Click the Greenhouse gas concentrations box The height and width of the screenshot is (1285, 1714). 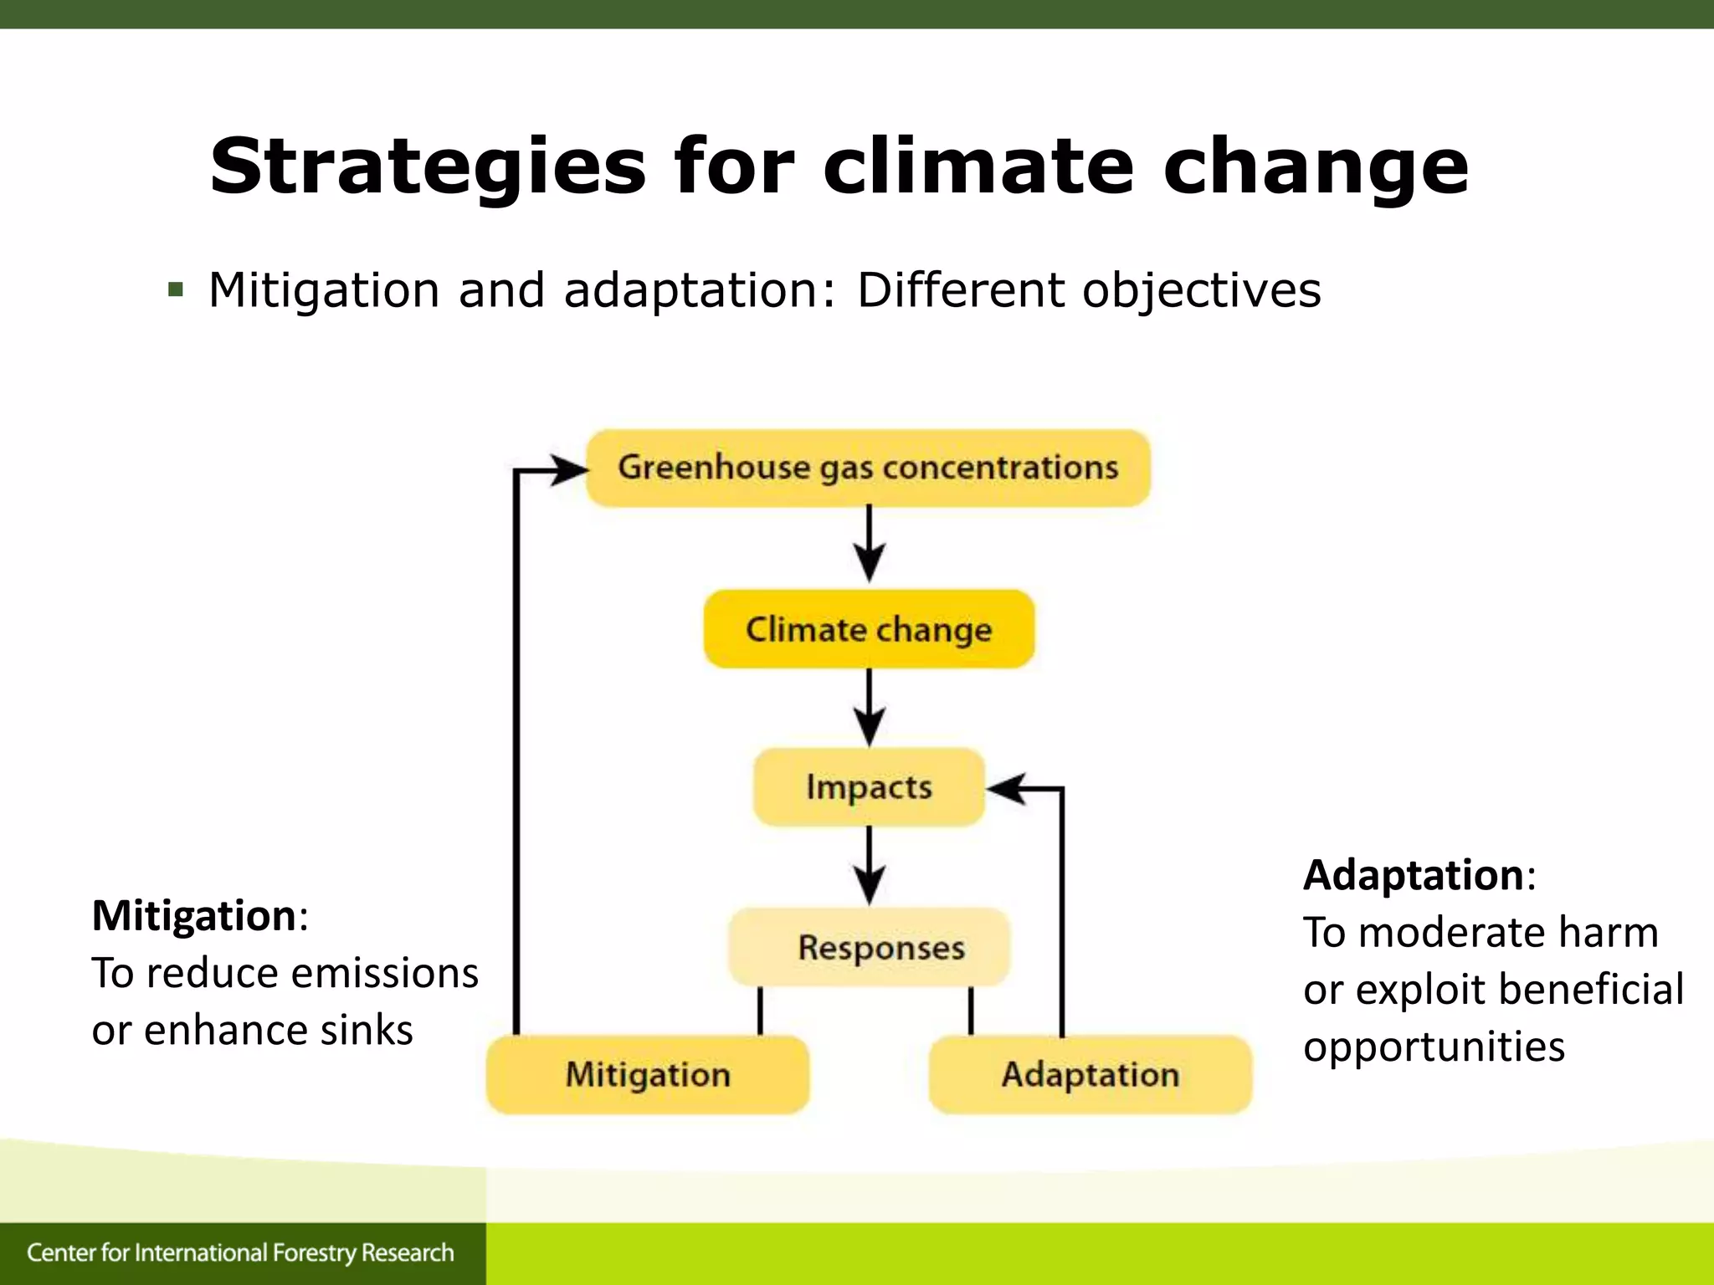868,468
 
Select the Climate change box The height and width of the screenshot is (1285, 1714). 869,629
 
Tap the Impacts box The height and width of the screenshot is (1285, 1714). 869,787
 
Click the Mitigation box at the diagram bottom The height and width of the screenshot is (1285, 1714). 648,1075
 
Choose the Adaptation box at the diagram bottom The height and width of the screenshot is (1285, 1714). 1090,1075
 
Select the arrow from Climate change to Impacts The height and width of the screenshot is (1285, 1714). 869,708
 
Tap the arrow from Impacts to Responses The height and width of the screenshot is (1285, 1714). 869,867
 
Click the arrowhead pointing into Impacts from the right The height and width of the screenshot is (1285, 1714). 1007,788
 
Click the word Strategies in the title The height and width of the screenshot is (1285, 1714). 428,166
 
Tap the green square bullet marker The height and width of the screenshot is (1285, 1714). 175,290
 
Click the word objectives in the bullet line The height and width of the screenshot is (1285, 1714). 1201,290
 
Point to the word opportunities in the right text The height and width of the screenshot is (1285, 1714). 1433,1047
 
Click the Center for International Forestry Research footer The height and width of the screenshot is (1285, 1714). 240,1252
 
